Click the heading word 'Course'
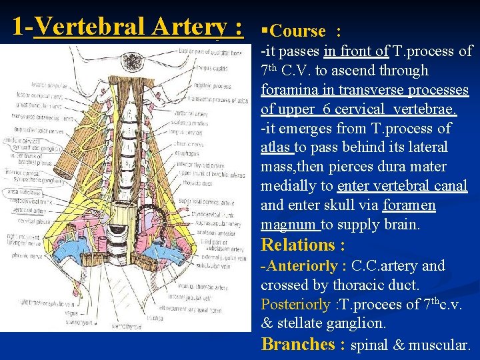click(298, 31)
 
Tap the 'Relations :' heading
click(303, 245)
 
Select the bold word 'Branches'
click(298, 345)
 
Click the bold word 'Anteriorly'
click(302, 266)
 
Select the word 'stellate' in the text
click(299, 324)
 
